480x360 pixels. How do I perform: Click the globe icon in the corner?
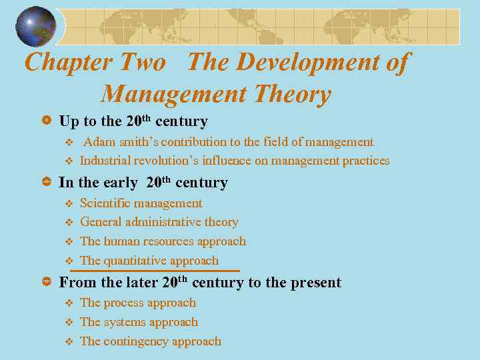[36, 27]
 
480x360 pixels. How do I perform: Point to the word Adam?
[98, 142]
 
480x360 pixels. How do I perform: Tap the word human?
[121, 241]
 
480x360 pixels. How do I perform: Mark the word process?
[124, 303]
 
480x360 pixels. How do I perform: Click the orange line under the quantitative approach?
[155, 271]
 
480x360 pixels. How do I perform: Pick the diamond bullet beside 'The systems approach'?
[67, 323]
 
